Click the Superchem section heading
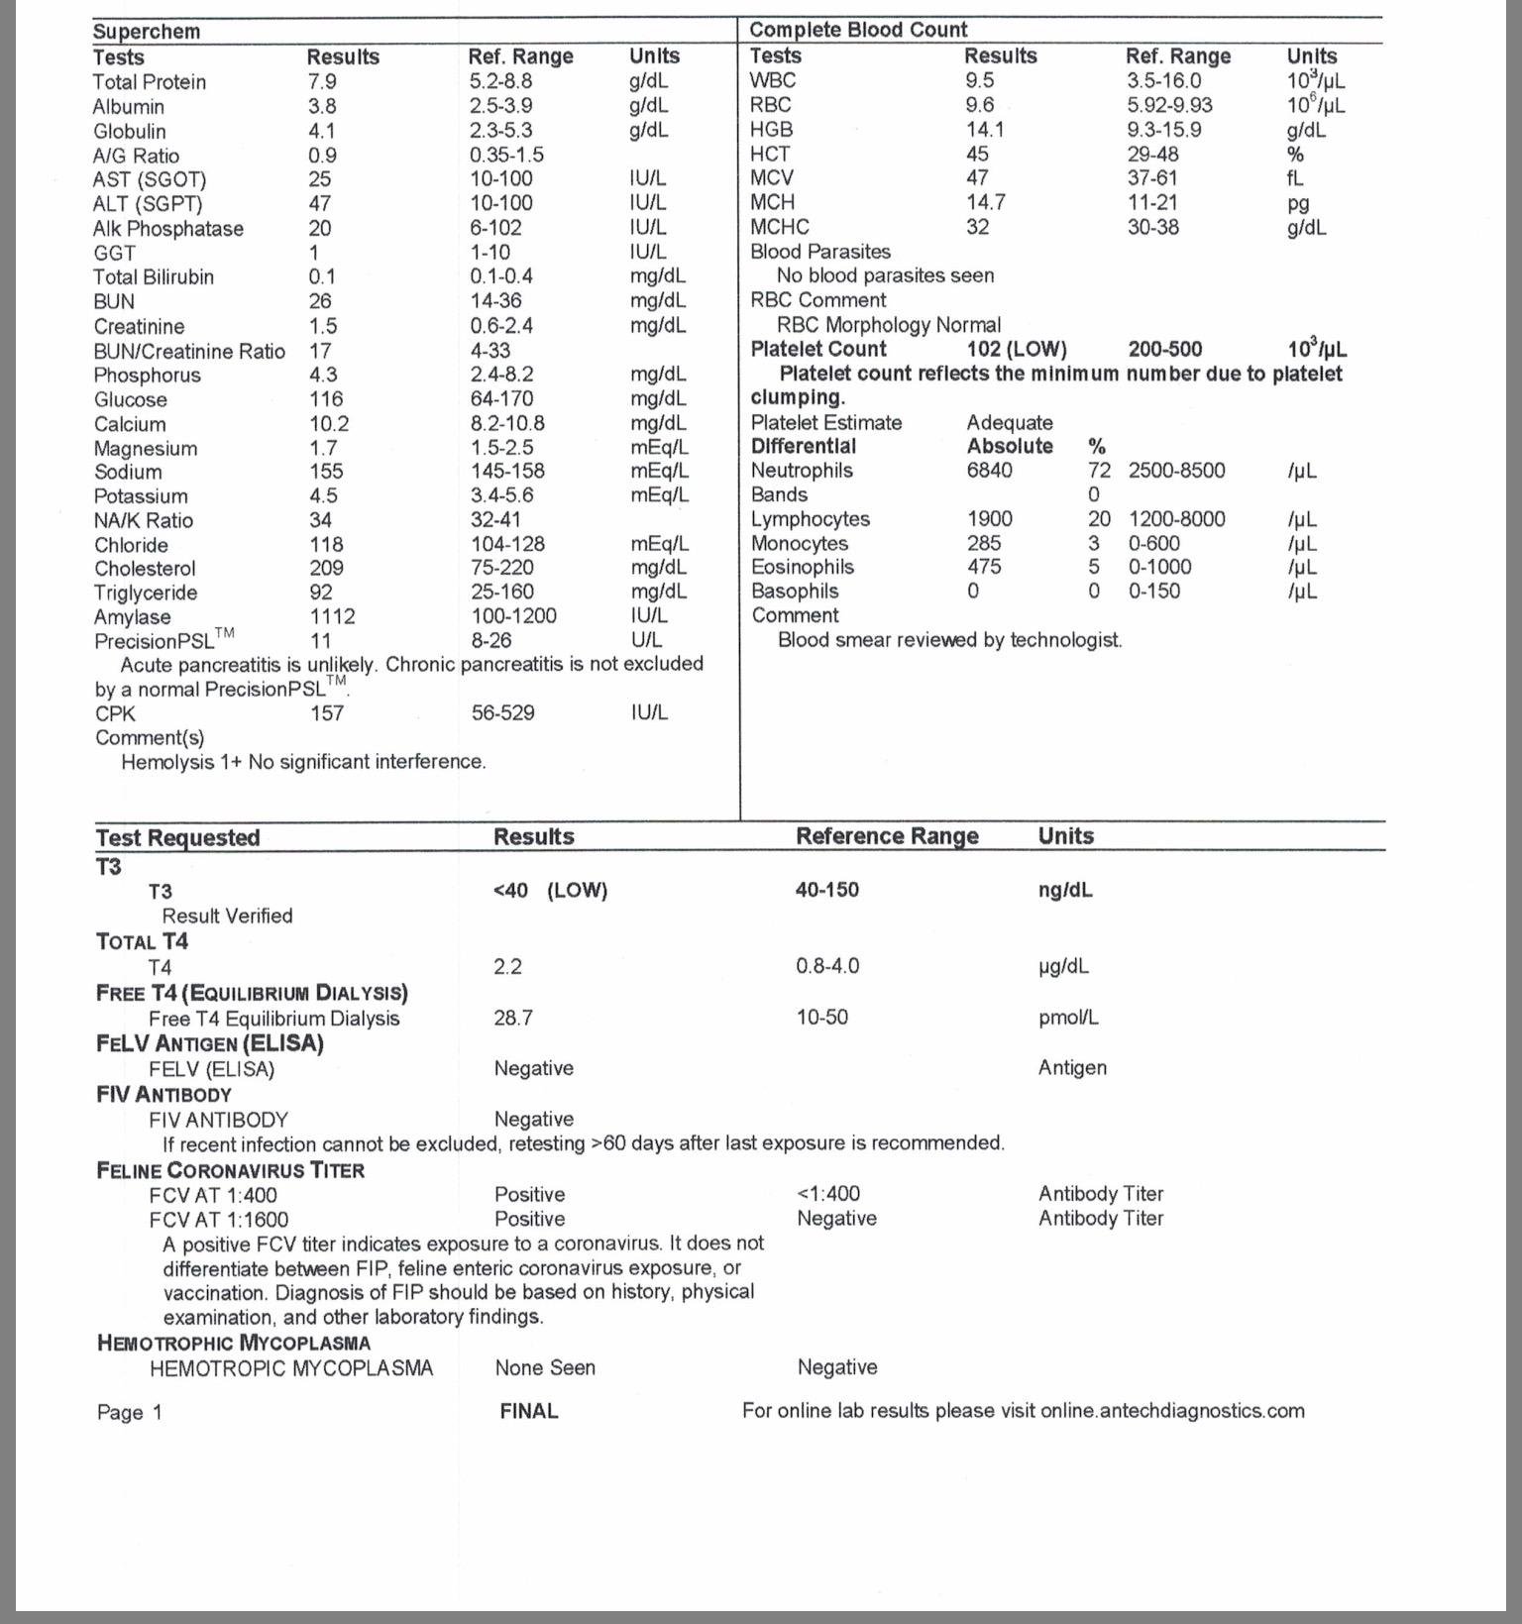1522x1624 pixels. [x=147, y=32]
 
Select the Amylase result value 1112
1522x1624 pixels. [x=332, y=616]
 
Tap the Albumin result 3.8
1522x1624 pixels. [x=322, y=106]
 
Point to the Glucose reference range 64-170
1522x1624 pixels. [x=501, y=399]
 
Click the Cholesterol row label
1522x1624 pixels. [x=145, y=569]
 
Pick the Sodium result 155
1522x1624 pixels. [x=326, y=472]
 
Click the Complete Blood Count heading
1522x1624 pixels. [x=858, y=30]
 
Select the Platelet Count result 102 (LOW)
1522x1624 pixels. [x=1017, y=349]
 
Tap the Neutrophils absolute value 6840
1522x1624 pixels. [x=990, y=471]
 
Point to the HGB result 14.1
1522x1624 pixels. [x=985, y=129]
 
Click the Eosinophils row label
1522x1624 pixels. [x=803, y=567]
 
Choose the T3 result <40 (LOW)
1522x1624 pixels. [x=550, y=890]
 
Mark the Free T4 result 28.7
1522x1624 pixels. [x=513, y=1018]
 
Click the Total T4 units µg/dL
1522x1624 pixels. [x=1063, y=966]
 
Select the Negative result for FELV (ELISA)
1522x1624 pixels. [x=534, y=1068]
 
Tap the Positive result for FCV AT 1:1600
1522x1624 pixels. [x=530, y=1219]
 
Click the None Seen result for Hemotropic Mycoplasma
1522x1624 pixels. [x=545, y=1368]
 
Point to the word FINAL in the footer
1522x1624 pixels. [x=529, y=1411]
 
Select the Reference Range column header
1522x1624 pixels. [x=887, y=836]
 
